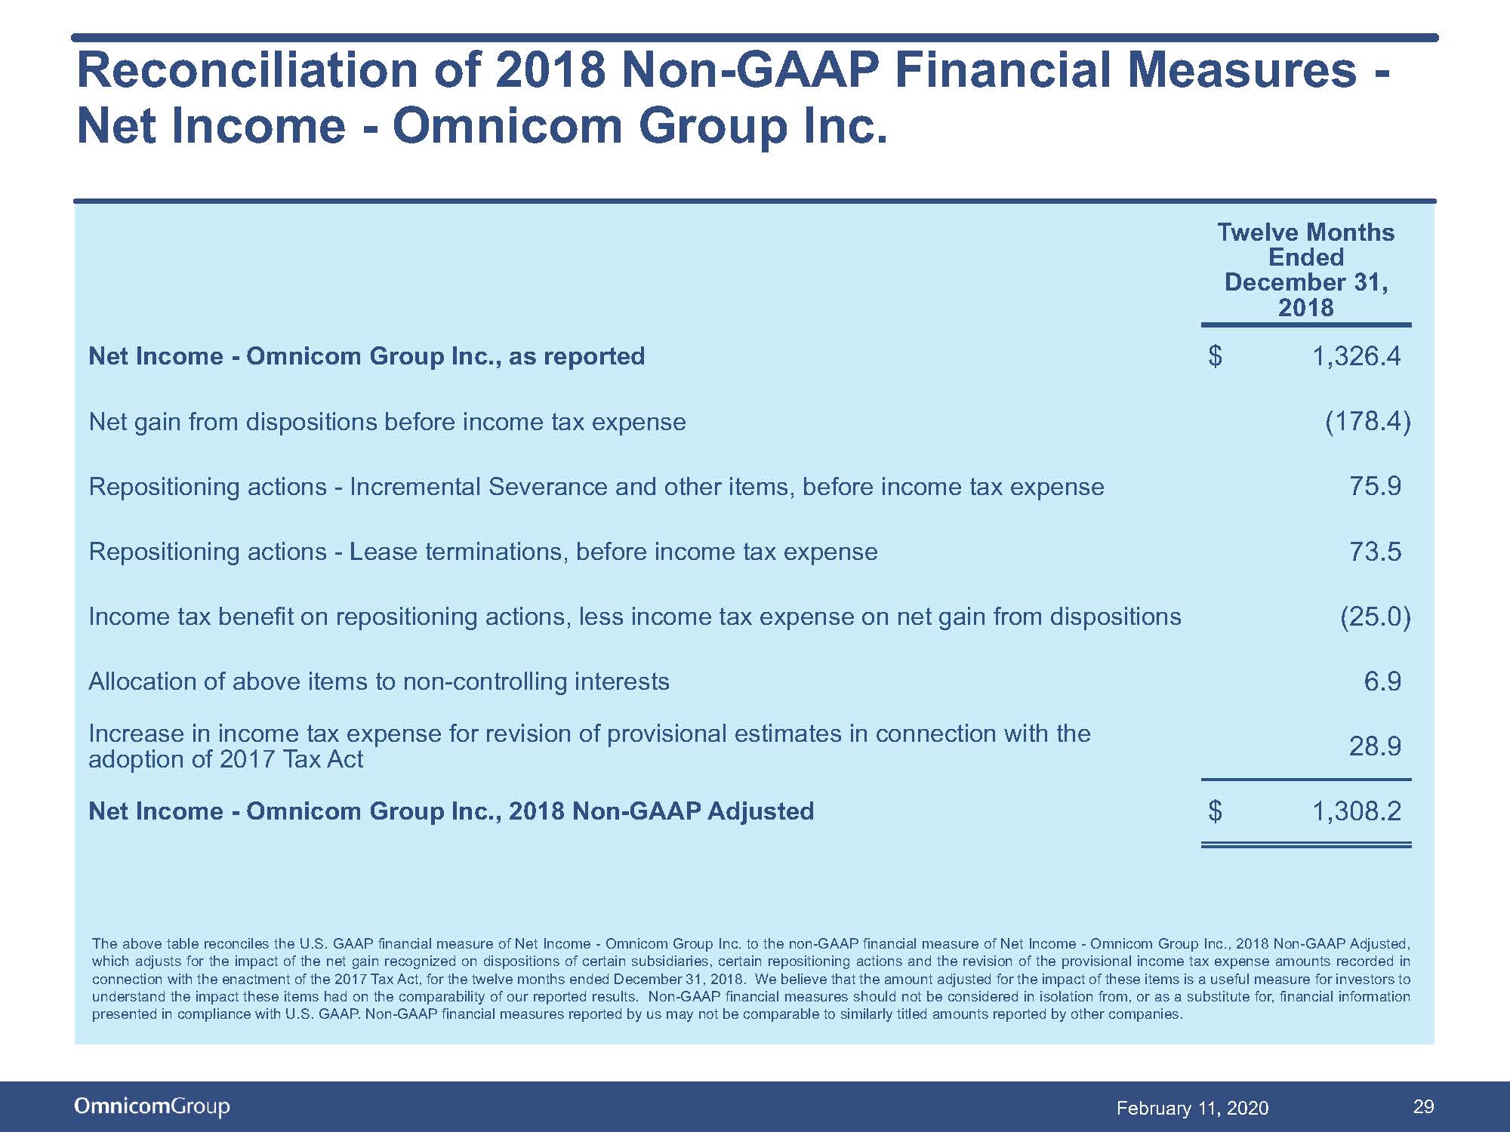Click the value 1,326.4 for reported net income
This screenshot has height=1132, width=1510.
(1357, 356)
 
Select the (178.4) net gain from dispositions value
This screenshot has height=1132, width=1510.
(1367, 421)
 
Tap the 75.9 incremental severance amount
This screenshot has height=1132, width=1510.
(1375, 486)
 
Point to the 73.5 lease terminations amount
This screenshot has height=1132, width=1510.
(1375, 552)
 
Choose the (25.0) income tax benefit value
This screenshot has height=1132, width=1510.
(1375, 617)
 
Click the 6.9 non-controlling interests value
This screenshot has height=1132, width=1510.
(1382, 681)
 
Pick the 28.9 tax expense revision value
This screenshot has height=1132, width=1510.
(1375, 746)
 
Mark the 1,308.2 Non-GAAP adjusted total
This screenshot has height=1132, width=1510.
(1357, 811)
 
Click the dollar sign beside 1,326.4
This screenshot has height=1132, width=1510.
(1215, 356)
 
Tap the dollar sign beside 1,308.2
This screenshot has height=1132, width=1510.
(1215, 811)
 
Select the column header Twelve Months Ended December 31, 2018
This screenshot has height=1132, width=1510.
(1306, 269)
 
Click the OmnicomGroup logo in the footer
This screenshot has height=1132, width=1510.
(152, 1106)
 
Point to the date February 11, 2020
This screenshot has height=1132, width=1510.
(1192, 1108)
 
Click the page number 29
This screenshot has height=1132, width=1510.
(1423, 1106)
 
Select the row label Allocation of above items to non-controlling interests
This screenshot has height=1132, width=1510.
(379, 681)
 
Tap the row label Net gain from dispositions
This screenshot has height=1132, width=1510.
(387, 422)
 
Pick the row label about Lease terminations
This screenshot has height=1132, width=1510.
(483, 552)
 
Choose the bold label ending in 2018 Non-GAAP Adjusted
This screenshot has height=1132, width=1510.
(451, 811)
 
